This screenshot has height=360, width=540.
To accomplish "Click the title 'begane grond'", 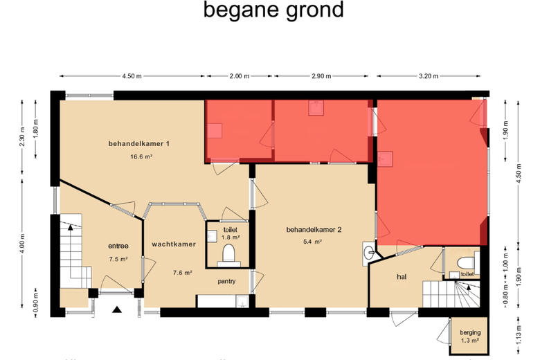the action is tap(273, 10).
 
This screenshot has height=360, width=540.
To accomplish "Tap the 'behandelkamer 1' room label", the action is tap(138, 144).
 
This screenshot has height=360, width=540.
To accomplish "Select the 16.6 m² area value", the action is tap(141, 156).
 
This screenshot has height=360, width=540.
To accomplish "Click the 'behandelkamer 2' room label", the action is tap(314, 230).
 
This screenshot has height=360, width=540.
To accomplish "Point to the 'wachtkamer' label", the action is tap(174, 244).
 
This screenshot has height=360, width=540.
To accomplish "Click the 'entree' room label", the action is tap(118, 246).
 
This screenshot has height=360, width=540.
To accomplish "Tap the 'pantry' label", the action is tap(226, 282).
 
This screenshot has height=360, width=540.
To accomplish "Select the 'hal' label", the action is tap(402, 277).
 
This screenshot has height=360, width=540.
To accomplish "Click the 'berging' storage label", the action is tap(470, 333).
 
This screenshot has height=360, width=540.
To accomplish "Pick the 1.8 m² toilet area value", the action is tap(231, 237).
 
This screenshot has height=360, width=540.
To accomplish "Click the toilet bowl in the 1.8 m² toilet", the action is tap(228, 253).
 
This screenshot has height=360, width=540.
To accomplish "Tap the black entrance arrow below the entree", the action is tap(117, 309).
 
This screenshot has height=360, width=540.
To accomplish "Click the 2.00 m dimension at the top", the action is tap(240, 76).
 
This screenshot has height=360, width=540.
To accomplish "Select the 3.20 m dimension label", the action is tap(429, 76).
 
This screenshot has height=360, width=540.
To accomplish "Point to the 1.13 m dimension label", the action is tap(519, 334).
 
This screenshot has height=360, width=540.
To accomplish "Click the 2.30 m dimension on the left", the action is tap(22, 136).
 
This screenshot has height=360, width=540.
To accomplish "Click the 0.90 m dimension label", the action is tap(35, 303).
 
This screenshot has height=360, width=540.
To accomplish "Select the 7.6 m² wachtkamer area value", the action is tap(182, 273).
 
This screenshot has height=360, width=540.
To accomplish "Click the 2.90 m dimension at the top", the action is tap(321, 76).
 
